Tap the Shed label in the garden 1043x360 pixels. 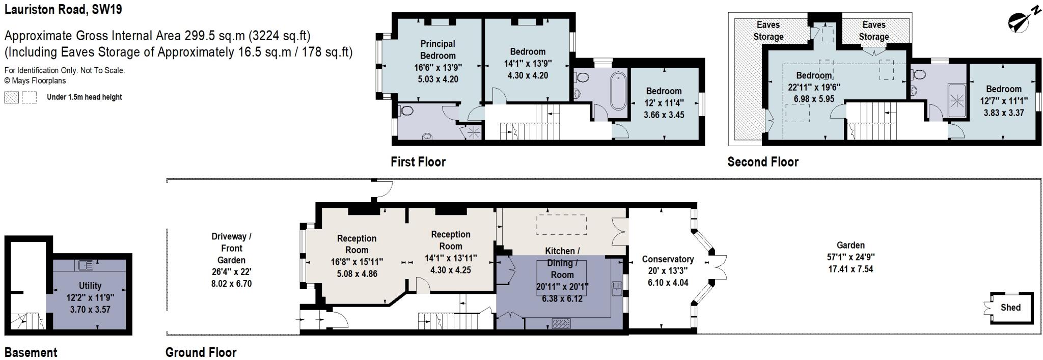pos(1010,308)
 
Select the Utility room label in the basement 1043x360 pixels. pos(90,286)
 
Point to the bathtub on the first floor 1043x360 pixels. pos(618,92)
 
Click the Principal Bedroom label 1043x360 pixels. pos(437,49)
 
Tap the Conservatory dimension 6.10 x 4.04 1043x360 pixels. pos(668,283)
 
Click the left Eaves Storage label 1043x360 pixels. pos(768,31)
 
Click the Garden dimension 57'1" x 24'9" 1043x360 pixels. pos(850,257)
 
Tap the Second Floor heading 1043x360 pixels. pos(762,162)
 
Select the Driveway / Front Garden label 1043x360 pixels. pos(231,248)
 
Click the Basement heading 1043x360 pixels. pos(31,352)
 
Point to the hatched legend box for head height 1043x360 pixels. pos(11,97)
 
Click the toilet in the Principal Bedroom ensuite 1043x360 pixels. pos(407,111)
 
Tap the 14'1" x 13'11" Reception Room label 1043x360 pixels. pos(451,246)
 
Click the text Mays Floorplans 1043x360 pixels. pos(38,80)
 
